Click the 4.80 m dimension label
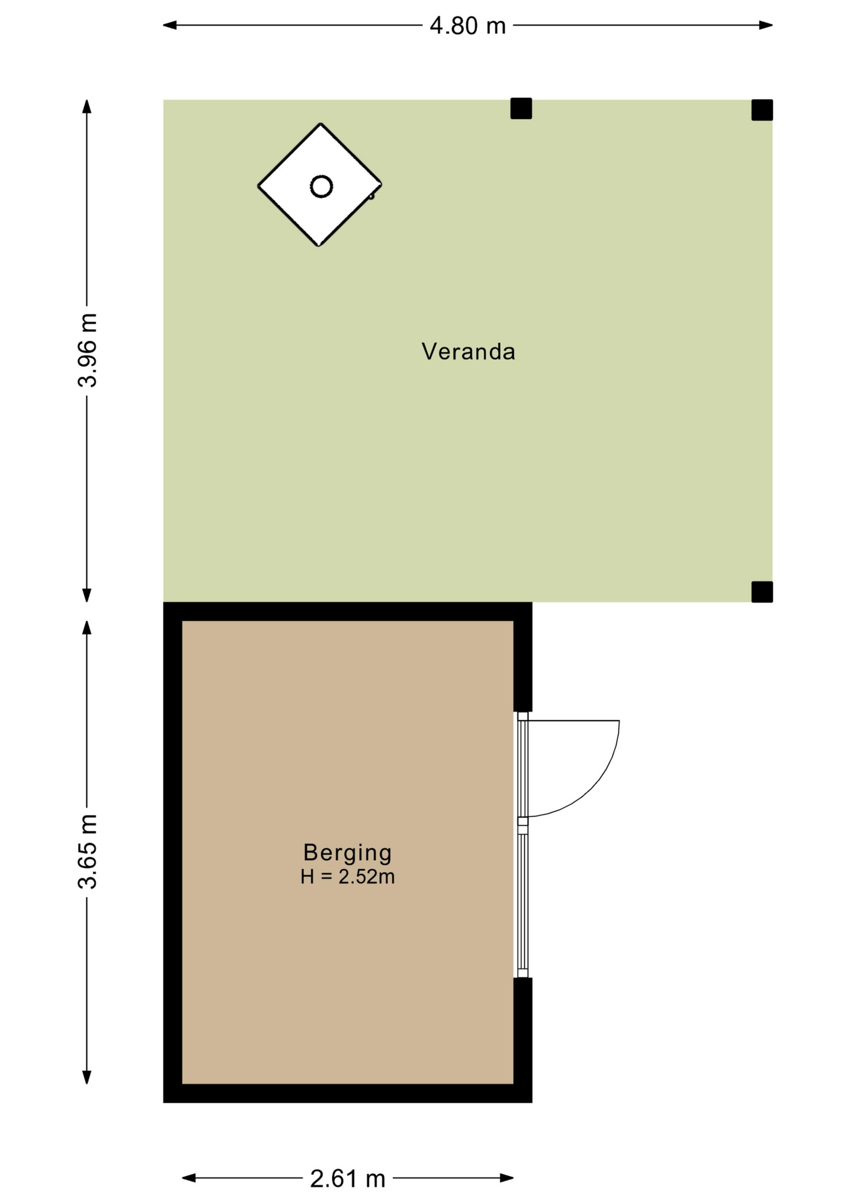(x=467, y=26)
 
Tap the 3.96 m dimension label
(x=88, y=350)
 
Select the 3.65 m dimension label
(x=88, y=852)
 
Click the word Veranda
(x=468, y=352)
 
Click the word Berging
(x=347, y=853)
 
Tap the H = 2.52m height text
(x=348, y=877)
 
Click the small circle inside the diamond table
(x=321, y=186)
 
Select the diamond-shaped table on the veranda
(x=320, y=185)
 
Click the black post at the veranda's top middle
(x=521, y=108)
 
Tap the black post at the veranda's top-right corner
(x=762, y=110)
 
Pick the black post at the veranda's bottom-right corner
(x=762, y=591)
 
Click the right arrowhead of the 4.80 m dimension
(x=766, y=25)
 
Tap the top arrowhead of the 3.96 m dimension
(x=87, y=107)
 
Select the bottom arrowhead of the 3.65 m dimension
(x=87, y=1077)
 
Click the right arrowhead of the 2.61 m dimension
(x=507, y=1178)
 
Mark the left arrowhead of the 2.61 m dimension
(x=189, y=1178)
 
